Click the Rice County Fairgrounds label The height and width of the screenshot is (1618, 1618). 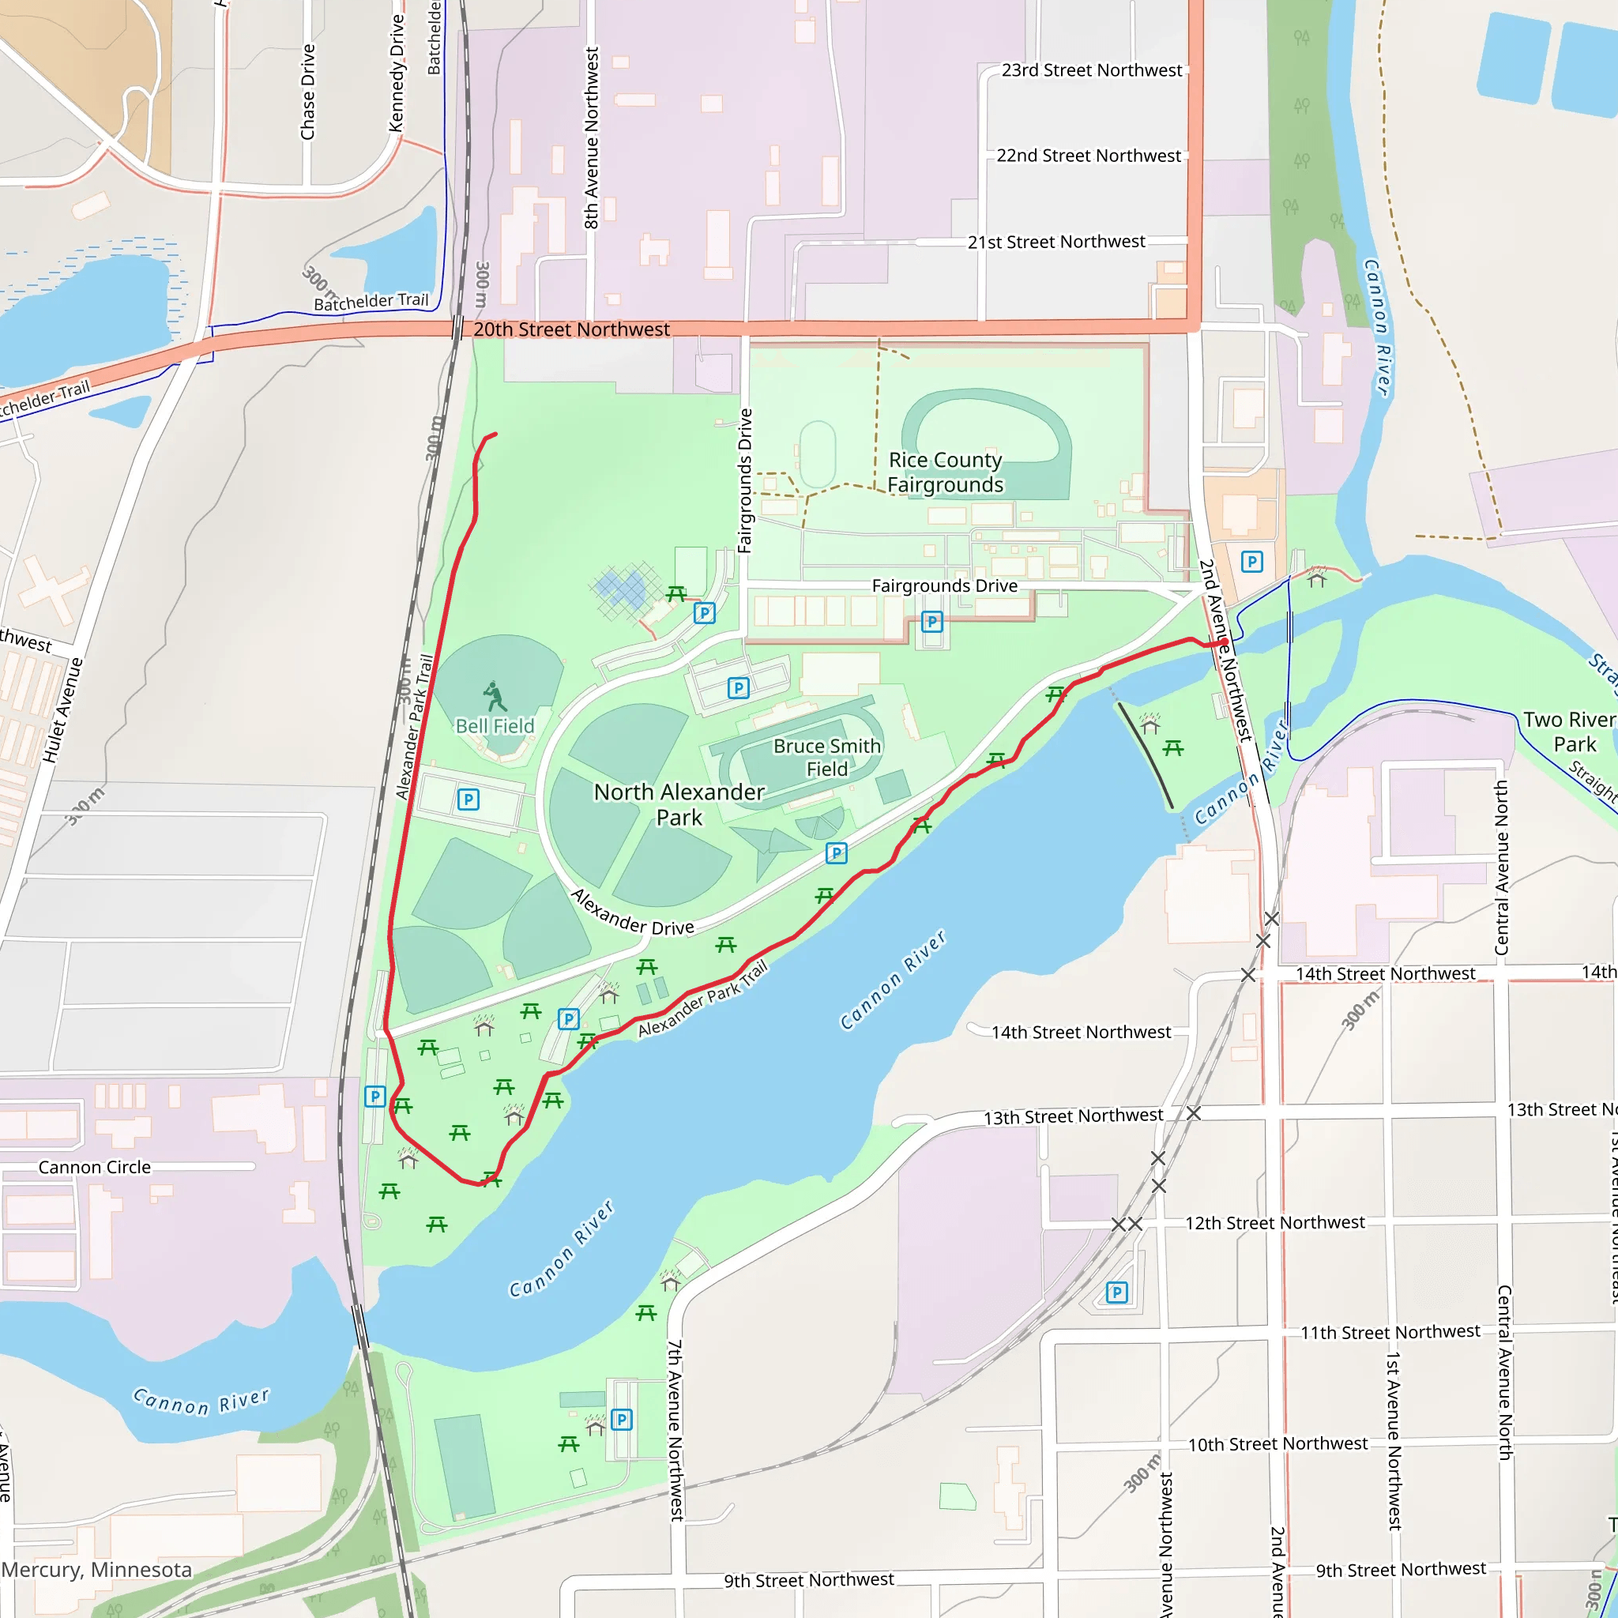[x=945, y=472]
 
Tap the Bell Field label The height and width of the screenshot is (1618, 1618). [x=494, y=726]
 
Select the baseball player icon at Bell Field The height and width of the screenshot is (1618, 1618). [x=494, y=696]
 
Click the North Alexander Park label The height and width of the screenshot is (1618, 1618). [x=679, y=804]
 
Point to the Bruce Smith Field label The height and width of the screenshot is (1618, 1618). [x=826, y=757]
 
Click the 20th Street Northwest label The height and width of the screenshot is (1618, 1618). [x=571, y=329]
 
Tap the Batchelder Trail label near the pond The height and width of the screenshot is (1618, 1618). [x=371, y=302]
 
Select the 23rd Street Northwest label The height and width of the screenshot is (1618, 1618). [x=1091, y=70]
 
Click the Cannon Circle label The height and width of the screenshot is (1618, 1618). [x=95, y=1167]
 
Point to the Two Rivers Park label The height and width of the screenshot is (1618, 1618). [x=1568, y=732]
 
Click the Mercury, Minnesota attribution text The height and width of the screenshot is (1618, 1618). [x=96, y=1570]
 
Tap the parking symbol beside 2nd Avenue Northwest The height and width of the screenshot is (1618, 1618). [x=1251, y=561]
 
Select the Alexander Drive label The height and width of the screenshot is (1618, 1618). [x=632, y=912]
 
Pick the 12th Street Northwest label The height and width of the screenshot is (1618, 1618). [x=1274, y=1223]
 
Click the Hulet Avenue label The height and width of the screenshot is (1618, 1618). [x=64, y=710]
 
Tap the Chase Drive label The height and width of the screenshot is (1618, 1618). [x=308, y=92]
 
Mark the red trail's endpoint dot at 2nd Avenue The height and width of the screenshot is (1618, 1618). [x=1224, y=643]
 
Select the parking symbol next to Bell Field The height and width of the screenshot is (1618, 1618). [x=468, y=799]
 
